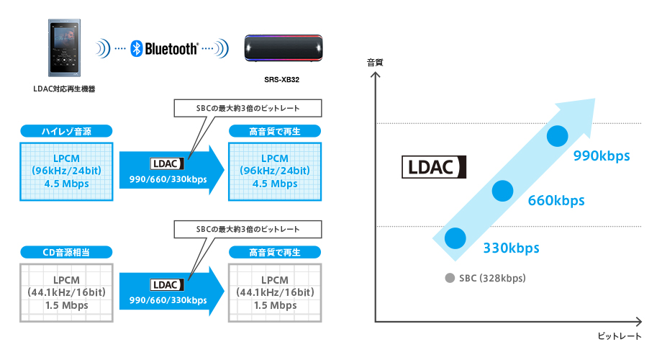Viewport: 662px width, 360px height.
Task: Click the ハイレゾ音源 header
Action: [65, 131]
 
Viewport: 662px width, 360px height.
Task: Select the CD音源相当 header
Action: [65, 252]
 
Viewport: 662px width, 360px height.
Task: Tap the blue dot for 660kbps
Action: [503, 190]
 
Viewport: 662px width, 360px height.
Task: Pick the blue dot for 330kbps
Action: [455, 238]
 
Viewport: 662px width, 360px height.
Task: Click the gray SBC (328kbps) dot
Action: [450, 278]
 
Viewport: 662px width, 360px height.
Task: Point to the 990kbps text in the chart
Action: [602, 156]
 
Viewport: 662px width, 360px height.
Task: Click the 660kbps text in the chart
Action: [556, 200]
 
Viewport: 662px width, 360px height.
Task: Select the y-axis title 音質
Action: [375, 63]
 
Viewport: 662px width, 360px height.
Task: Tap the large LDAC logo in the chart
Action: [434, 167]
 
